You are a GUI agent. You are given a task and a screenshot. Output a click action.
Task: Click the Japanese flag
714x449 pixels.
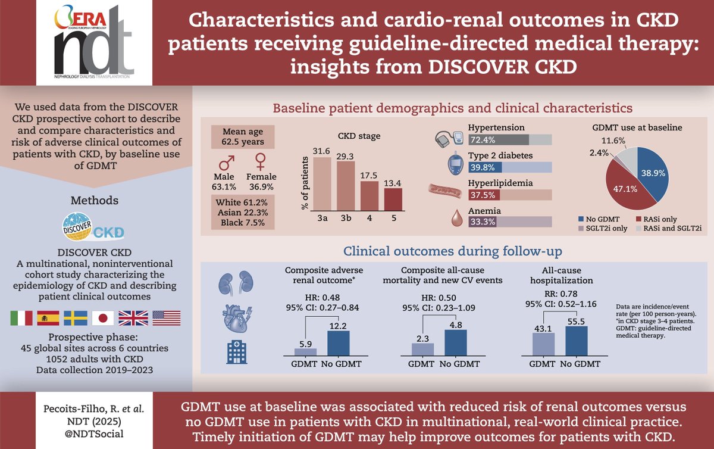[103, 319]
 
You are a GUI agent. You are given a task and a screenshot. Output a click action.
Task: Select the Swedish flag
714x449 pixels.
[76, 319]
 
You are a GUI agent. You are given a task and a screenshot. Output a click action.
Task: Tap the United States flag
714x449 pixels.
[166, 319]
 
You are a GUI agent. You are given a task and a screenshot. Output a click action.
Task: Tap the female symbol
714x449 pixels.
[260, 163]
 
